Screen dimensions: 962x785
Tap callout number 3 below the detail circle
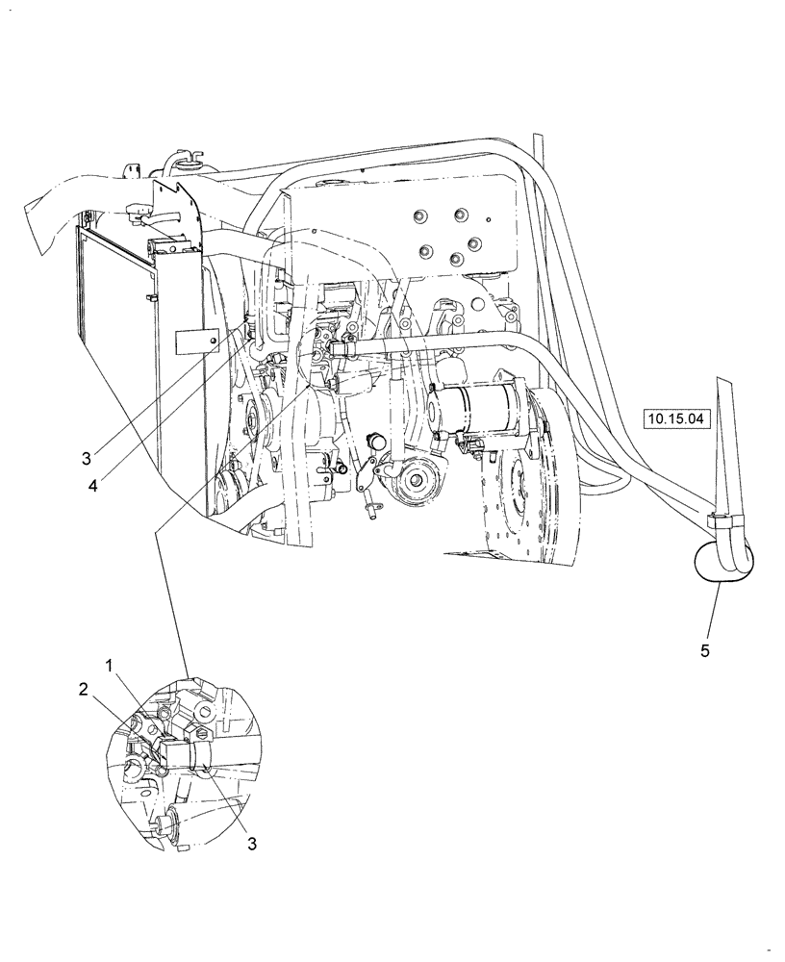(x=253, y=845)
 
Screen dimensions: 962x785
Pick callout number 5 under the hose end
(x=705, y=651)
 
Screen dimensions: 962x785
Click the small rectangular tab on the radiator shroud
(x=196, y=339)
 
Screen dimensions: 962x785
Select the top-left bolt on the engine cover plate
(x=420, y=216)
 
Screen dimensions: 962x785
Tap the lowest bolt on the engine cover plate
(x=457, y=260)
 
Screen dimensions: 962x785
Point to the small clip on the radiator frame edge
(x=149, y=300)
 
